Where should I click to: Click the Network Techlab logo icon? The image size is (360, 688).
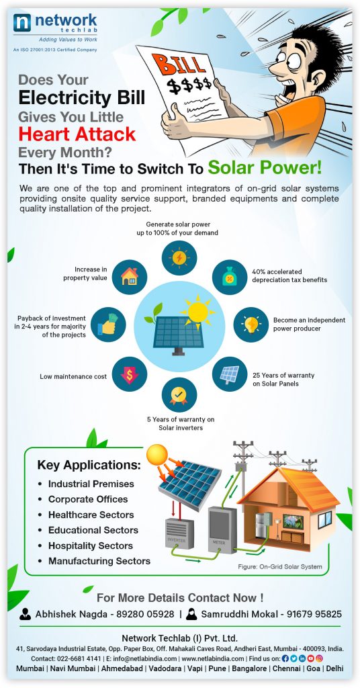23,26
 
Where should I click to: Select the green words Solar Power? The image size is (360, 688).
264,167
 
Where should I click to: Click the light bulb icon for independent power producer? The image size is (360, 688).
251,325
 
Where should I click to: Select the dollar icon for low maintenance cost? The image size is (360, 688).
130,374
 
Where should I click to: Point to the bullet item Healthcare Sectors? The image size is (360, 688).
91,515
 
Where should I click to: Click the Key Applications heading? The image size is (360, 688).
89,465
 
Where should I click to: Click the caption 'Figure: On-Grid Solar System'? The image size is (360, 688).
279,567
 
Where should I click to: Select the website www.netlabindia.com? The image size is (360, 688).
212,659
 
